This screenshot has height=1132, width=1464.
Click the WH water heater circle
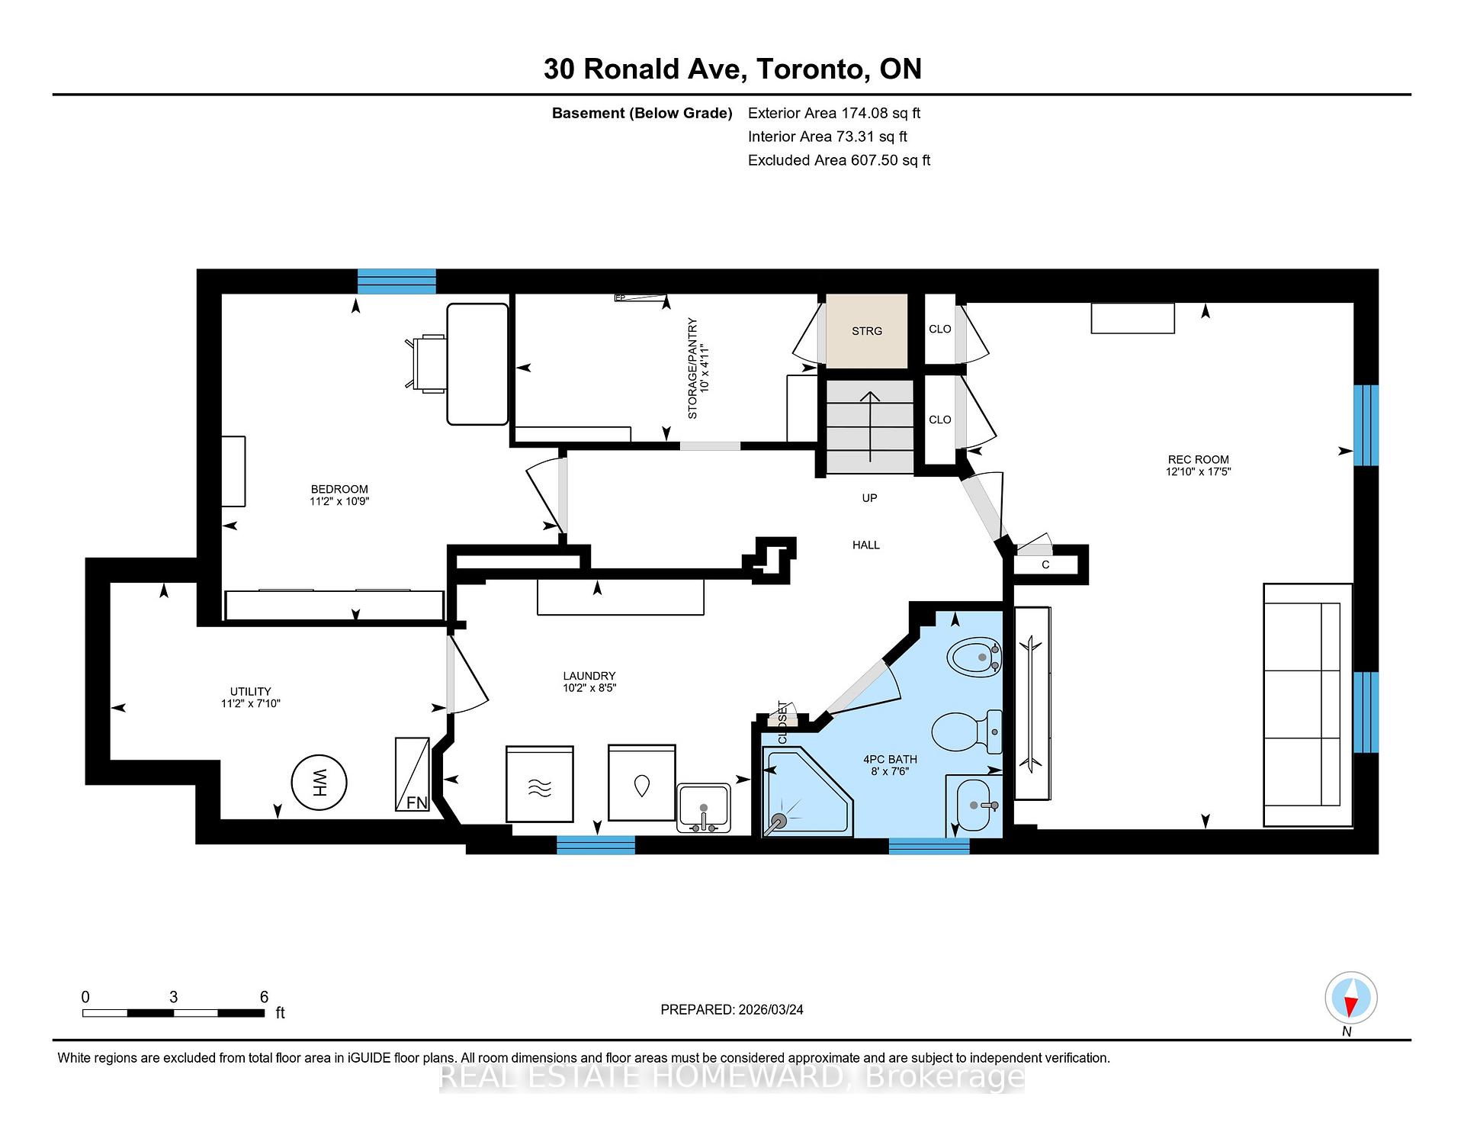pos(319,782)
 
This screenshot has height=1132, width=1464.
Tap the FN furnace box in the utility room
pos(413,774)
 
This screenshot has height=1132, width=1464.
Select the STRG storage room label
pos(867,331)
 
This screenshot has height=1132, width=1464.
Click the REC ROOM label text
pos(1198,459)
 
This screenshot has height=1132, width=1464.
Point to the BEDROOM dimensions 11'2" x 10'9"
pos(339,502)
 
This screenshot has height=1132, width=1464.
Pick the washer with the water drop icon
pos(641,783)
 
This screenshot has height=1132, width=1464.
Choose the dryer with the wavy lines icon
pos(540,784)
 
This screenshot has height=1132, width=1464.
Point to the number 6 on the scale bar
pos(264,997)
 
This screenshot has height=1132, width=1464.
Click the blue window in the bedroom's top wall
pos(396,281)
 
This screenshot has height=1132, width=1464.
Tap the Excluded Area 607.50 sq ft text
pos(839,160)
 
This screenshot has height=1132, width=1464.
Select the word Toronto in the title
pos(812,69)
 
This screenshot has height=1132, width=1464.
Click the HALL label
pos(866,545)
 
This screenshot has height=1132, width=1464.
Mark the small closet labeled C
pos(1045,565)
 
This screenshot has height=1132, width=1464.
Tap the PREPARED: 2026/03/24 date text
pos(731,1009)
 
